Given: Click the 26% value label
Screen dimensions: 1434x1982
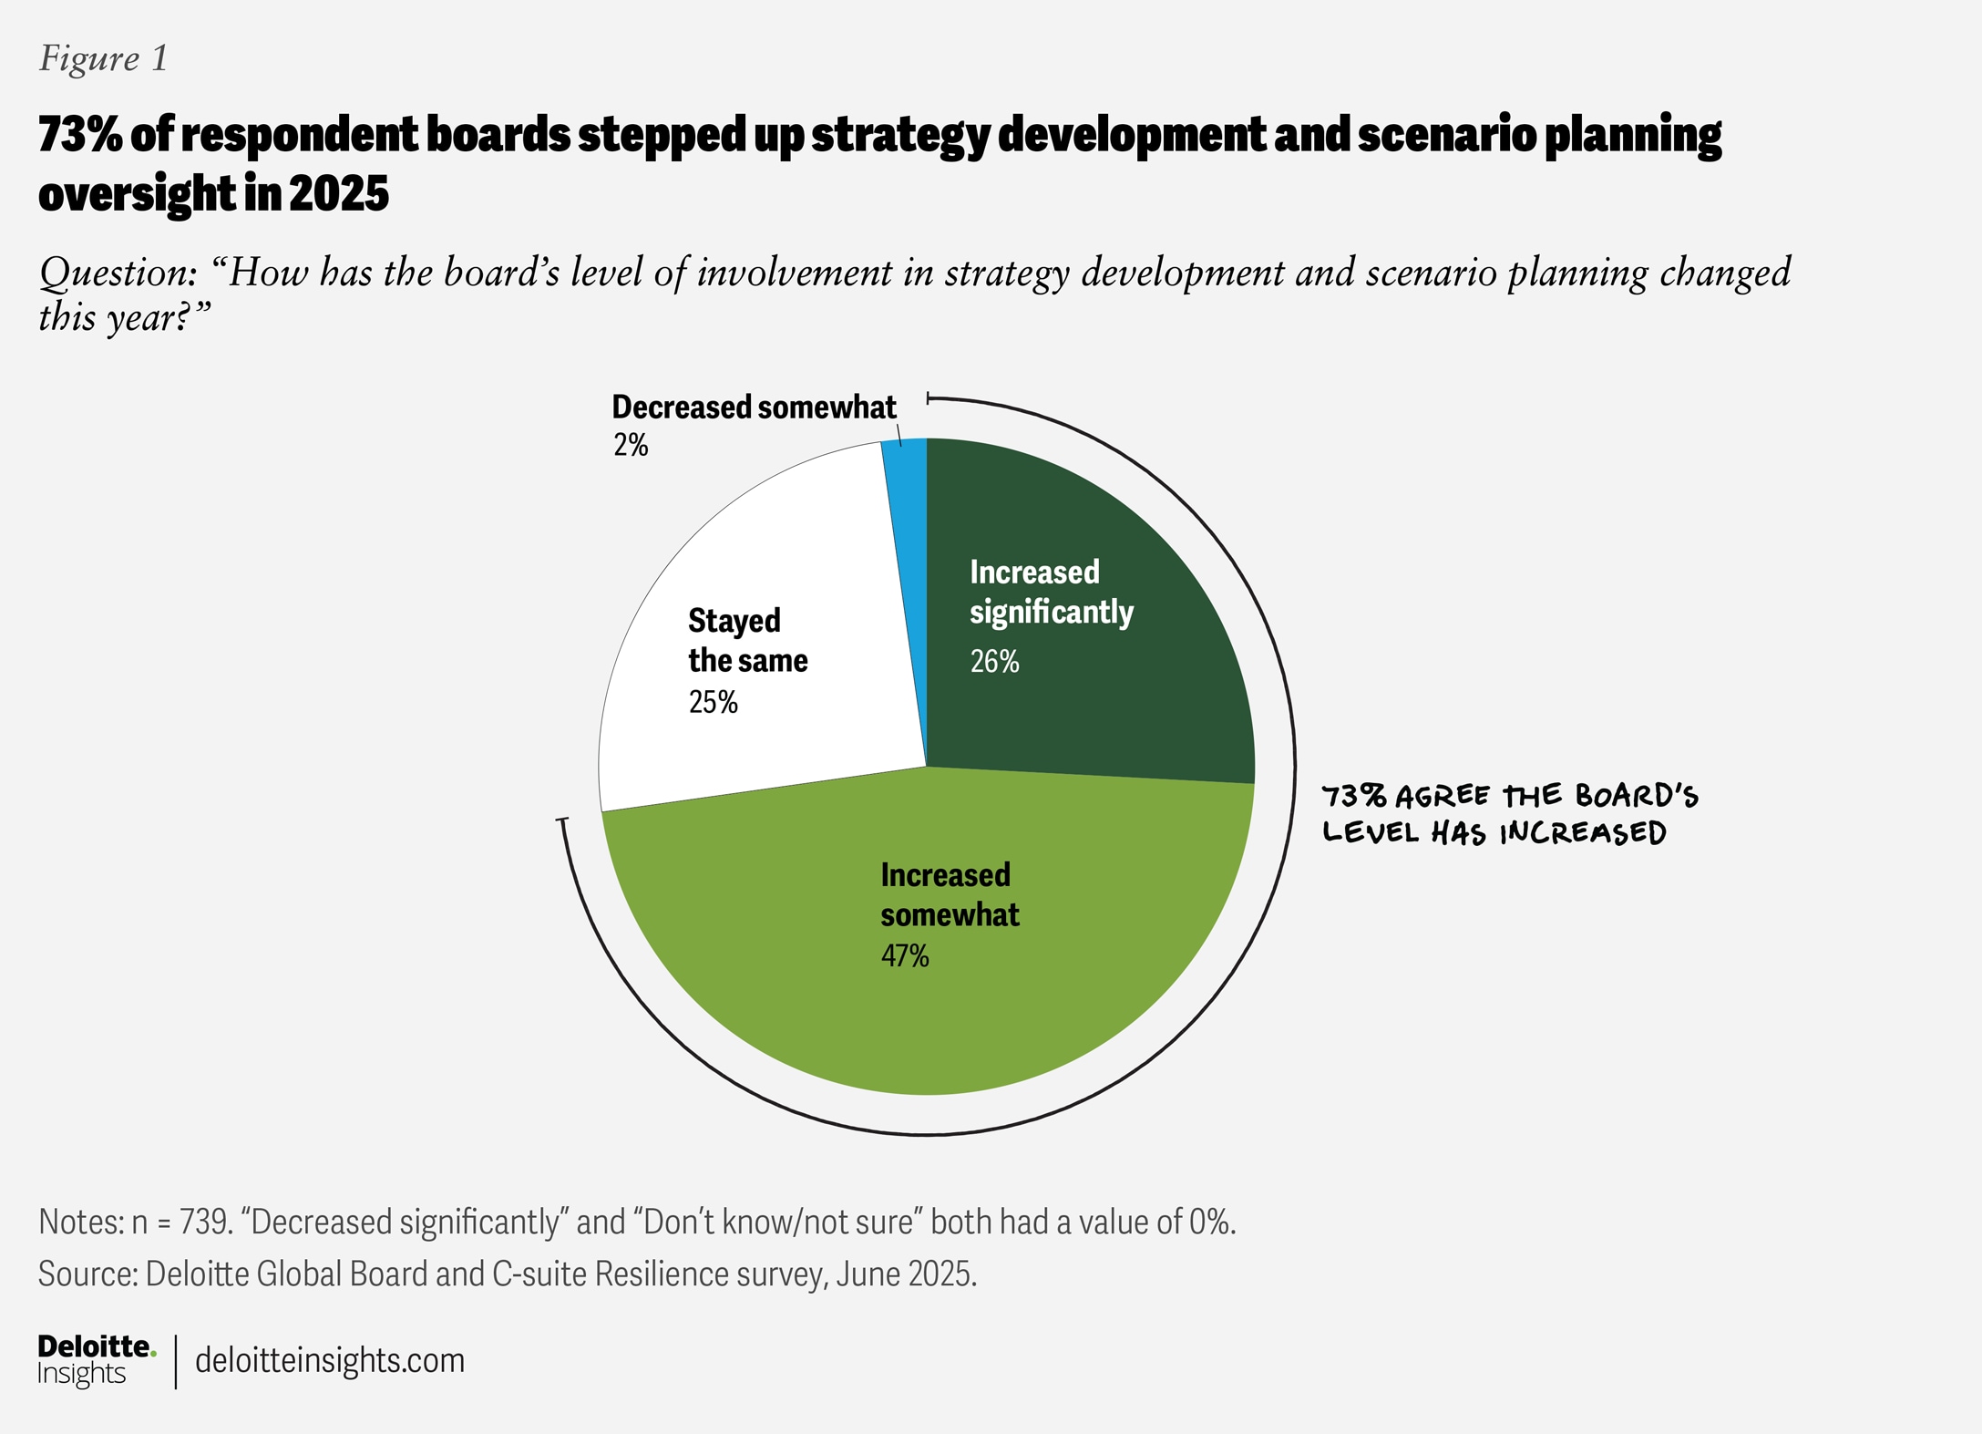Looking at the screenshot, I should coord(994,662).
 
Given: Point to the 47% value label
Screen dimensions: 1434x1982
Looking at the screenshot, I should coord(905,956).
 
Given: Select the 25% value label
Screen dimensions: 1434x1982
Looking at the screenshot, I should coord(713,702).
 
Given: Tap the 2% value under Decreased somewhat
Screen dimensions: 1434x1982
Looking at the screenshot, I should coord(631,445).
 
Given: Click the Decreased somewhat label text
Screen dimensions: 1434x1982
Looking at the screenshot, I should coord(754,407).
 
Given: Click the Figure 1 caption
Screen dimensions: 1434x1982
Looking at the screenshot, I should coord(104,59).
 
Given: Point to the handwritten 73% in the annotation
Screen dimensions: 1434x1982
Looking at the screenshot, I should coord(1354,797).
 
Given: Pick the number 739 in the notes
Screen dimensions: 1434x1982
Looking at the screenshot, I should coord(202,1222).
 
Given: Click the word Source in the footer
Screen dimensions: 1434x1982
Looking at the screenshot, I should coord(87,1274).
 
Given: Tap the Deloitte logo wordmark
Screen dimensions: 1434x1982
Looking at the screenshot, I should coord(96,1346).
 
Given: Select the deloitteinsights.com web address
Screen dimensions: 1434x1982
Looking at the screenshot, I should coord(330,1360).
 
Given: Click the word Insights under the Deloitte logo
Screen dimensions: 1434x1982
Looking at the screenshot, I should coord(81,1374).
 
